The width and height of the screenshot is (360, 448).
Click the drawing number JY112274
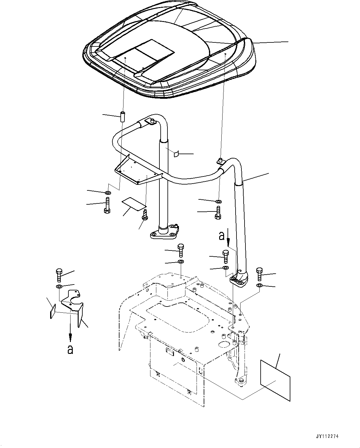[328, 436]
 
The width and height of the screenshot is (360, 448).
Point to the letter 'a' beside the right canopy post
[221, 236]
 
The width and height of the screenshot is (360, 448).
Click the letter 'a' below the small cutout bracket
[70, 349]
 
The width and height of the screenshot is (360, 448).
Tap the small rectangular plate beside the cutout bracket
[53, 311]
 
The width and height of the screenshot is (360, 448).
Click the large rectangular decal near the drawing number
[275, 380]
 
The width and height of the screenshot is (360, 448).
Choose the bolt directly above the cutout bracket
[59, 274]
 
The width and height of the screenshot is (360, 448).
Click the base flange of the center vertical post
[164, 232]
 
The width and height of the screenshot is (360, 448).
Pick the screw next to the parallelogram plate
[145, 215]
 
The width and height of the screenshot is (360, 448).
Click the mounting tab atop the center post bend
[151, 121]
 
